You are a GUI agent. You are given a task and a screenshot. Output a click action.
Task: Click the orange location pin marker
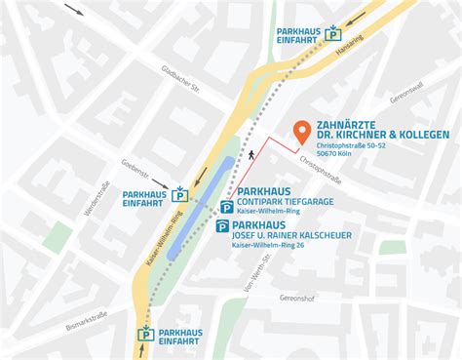(x=301, y=131)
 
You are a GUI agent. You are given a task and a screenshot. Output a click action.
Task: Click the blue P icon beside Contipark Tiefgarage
(x=226, y=207)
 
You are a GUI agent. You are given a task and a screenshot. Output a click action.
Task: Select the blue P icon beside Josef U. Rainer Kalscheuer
(x=221, y=228)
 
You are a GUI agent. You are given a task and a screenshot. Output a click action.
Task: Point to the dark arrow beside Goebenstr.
(x=160, y=181)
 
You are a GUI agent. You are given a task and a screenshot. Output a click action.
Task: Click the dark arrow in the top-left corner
(x=74, y=10)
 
